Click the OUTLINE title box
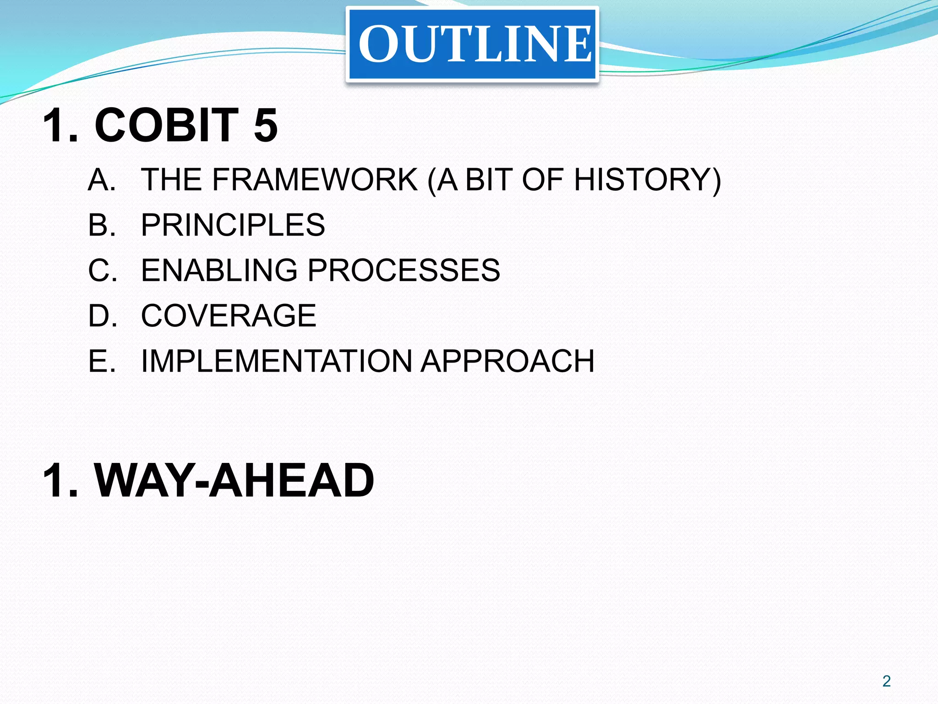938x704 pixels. [472, 44]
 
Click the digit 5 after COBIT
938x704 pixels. [266, 125]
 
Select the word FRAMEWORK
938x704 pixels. [315, 179]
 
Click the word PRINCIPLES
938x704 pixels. [233, 225]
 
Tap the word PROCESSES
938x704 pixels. [404, 270]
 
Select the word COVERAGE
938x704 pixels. [229, 315]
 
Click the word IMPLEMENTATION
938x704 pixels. [277, 361]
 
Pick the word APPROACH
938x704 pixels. [507, 361]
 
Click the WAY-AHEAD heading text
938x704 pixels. [234, 480]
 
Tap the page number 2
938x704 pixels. [887, 681]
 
